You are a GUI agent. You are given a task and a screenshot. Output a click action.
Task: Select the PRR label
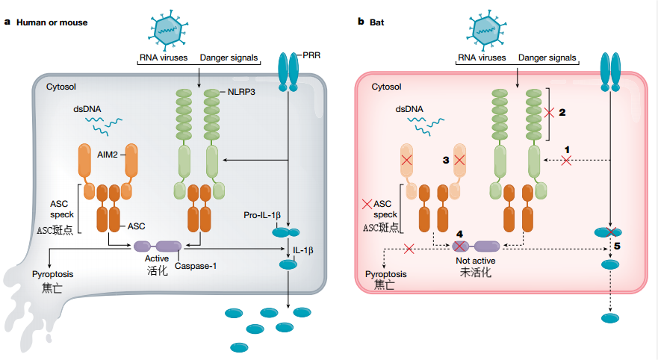(313, 56)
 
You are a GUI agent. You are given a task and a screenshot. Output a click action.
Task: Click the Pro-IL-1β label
(261, 215)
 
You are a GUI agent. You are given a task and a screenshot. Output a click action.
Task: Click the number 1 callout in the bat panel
(567, 149)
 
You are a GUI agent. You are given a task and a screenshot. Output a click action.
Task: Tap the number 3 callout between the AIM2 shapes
(445, 160)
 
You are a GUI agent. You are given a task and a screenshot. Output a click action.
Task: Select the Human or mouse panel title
(52, 22)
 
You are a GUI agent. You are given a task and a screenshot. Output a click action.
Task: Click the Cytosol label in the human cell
(63, 87)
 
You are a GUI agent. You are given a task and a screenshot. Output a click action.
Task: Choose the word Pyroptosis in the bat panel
(386, 274)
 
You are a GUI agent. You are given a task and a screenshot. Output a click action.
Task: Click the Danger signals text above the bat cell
(547, 58)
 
